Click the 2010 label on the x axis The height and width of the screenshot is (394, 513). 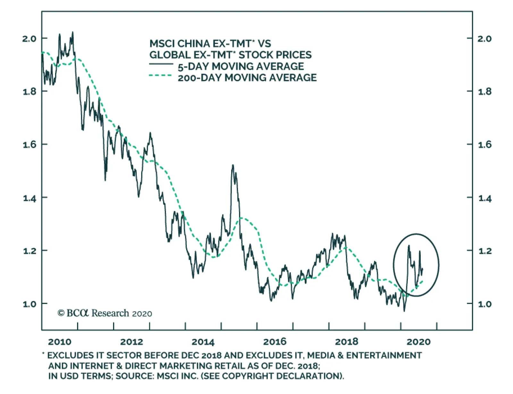point(60,342)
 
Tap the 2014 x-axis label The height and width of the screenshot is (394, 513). point(203,342)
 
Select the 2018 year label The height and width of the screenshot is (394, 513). point(346,342)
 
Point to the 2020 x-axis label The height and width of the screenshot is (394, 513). point(418,342)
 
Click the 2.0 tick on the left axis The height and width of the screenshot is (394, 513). point(29,39)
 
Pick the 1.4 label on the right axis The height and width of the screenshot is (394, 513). point(484,198)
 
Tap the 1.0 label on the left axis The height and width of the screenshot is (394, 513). point(29,304)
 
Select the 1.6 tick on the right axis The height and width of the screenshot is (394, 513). point(484,145)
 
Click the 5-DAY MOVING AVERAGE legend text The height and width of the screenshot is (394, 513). point(241,66)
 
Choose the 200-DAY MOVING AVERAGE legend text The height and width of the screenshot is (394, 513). point(247,78)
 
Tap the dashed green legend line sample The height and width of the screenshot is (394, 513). point(161,76)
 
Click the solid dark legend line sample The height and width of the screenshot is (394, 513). point(161,64)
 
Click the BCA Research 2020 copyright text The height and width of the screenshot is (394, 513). point(105,313)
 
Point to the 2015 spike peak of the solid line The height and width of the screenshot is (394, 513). point(232,166)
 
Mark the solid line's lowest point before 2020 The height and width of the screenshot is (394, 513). point(404,311)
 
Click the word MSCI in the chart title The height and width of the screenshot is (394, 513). point(162,44)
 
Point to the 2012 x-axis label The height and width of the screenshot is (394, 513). point(131,342)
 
